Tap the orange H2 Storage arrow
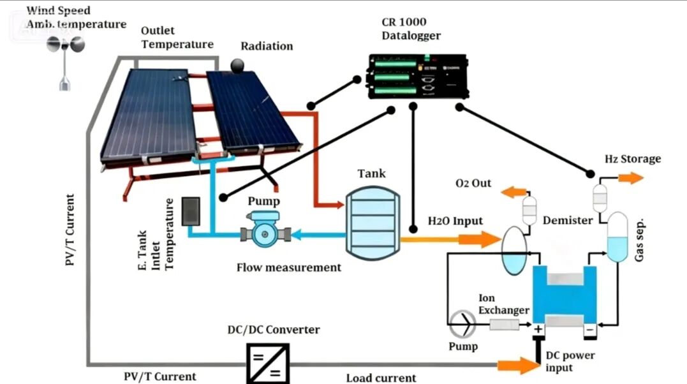click(632, 177)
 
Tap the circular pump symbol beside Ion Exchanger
click(463, 325)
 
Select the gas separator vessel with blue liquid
click(616, 237)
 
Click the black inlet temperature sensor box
click(191, 211)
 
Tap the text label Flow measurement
click(289, 267)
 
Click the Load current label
click(381, 378)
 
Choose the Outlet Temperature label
click(177, 38)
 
